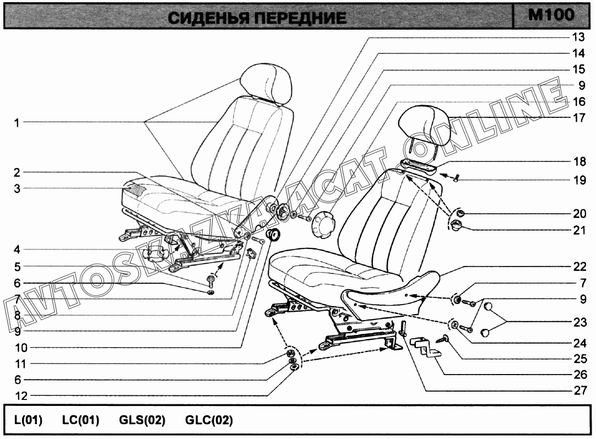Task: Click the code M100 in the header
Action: click(551, 15)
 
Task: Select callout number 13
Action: click(578, 37)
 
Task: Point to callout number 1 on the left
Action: click(17, 123)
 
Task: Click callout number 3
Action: click(17, 188)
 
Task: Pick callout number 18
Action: click(579, 162)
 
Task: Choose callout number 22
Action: click(579, 267)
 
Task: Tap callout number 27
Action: click(580, 391)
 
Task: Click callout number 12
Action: click(21, 395)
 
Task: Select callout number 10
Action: click(21, 348)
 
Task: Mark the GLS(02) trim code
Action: click(142, 420)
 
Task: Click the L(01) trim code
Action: click(28, 420)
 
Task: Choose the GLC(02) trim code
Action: click(209, 420)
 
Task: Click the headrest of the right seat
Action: click(424, 126)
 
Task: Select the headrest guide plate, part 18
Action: click(417, 167)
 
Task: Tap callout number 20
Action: click(579, 214)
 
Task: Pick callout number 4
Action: click(17, 250)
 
